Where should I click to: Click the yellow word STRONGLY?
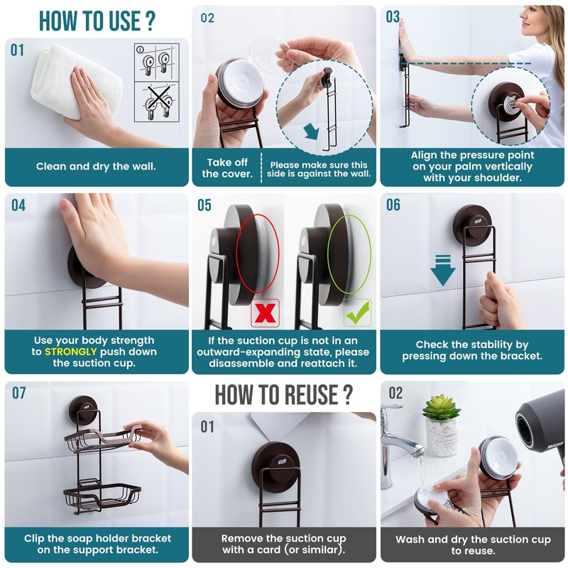point(70,351)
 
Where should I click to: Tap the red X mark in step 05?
point(265,313)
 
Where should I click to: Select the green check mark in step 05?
point(358,312)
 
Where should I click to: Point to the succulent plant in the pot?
point(442,408)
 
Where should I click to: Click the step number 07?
point(19,393)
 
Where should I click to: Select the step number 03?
point(393,16)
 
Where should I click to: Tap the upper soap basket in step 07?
point(103,437)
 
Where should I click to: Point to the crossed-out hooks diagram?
point(157,102)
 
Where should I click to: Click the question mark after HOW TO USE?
point(151,21)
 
